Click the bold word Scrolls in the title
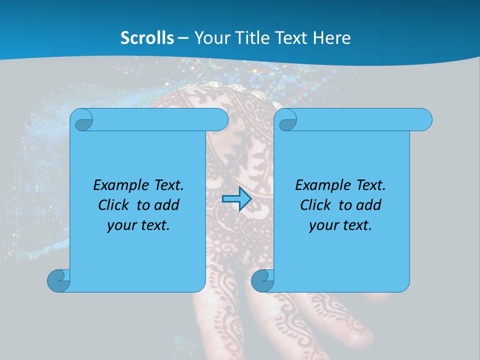point(147,38)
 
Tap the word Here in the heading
point(332,38)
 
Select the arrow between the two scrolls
point(236,199)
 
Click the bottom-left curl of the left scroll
point(58,280)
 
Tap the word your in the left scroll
point(120,225)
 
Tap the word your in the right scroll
point(322,225)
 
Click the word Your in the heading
point(210,38)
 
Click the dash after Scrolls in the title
point(183,38)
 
